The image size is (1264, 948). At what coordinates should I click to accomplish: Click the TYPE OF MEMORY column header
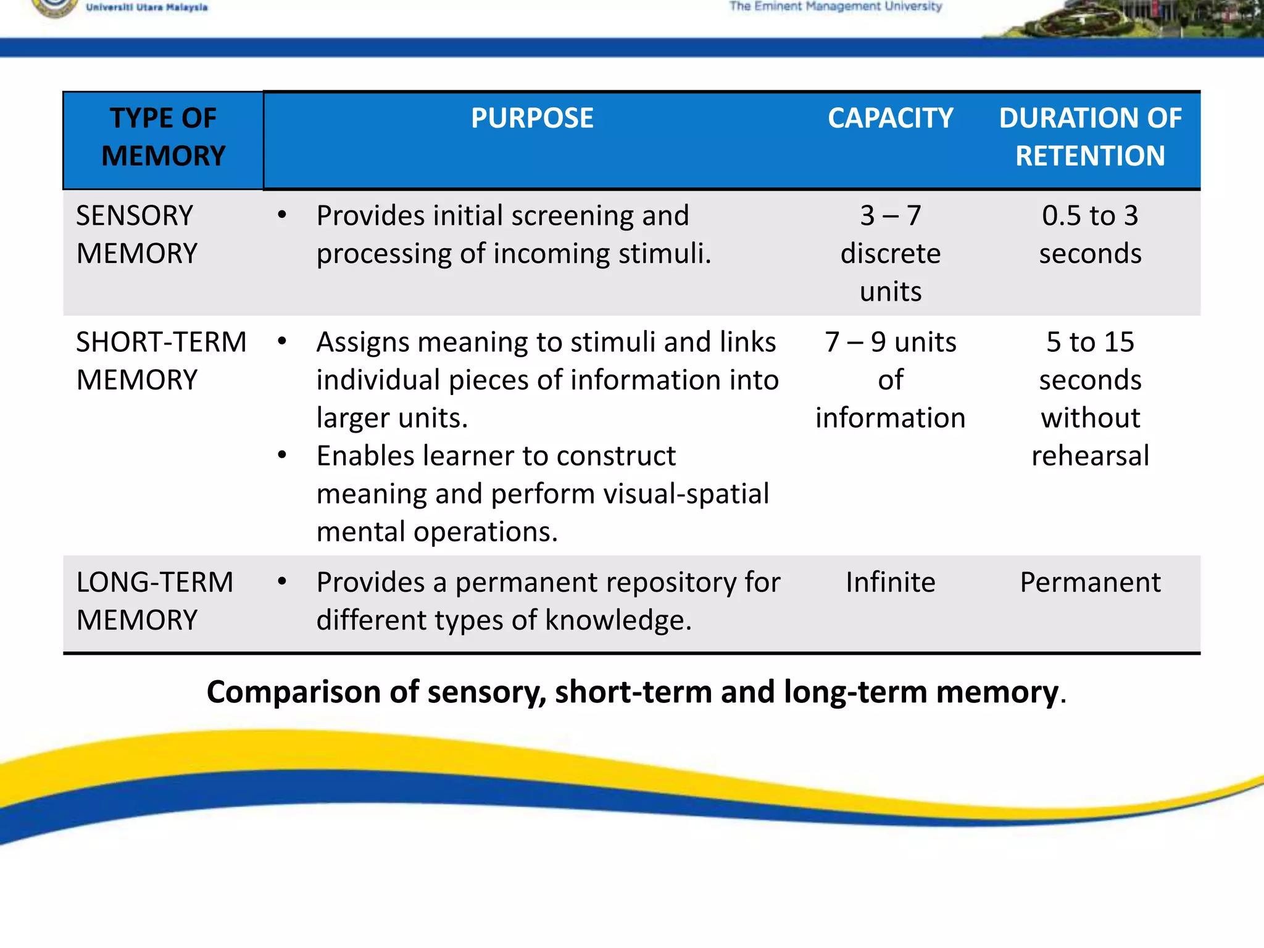point(164,137)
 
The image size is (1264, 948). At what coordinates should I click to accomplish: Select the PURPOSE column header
point(532,118)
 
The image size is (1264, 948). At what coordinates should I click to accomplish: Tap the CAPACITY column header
point(890,118)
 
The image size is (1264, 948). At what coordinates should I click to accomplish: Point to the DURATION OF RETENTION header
point(1090,137)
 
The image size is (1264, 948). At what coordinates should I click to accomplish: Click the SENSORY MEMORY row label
point(136,235)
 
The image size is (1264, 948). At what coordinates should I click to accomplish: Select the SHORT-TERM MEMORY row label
point(161,361)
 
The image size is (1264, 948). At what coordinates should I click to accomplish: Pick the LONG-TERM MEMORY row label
point(154,601)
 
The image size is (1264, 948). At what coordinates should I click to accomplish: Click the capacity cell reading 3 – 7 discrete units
point(890,253)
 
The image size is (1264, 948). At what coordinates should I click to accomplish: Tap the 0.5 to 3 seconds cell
point(1090,235)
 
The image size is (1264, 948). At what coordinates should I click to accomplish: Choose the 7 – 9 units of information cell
point(890,380)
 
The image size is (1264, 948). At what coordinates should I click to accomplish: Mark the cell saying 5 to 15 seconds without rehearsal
point(1090,399)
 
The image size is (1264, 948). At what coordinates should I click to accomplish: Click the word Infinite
point(890,582)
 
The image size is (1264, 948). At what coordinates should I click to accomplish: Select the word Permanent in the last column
point(1090,582)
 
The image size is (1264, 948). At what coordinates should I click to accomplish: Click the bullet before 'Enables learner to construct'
point(282,455)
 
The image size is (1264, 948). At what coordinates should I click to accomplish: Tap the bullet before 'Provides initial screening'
point(282,215)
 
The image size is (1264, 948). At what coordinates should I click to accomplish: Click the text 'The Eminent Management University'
point(836,7)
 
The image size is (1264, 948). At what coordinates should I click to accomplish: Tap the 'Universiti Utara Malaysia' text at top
point(147,7)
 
